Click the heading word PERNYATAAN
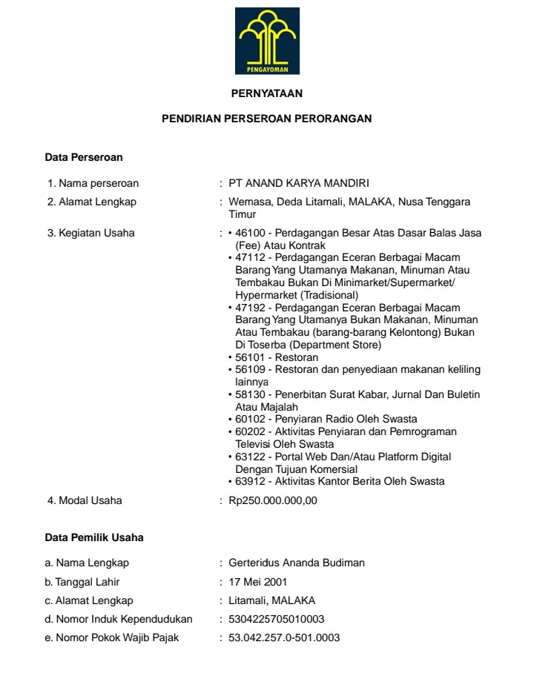(x=267, y=93)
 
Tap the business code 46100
(x=248, y=233)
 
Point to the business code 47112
(x=248, y=256)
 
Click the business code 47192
(x=248, y=307)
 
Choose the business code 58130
(x=248, y=394)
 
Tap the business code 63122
(x=248, y=457)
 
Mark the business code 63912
(x=248, y=482)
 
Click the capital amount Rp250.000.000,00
(x=273, y=501)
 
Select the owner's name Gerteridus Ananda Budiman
(x=297, y=563)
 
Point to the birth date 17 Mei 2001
(x=257, y=582)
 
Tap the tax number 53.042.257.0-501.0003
(x=285, y=637)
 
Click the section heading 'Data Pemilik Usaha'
(x=94, y=537)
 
